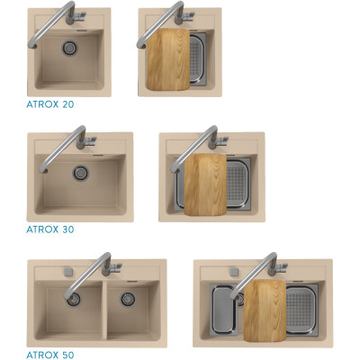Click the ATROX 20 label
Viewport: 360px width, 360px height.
click(x=50, y=104)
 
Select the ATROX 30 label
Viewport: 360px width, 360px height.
click(x=50, y=229)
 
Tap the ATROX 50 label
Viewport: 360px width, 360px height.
click(x=50, y=355)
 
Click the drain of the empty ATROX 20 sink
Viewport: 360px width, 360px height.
click(x=70, y=48)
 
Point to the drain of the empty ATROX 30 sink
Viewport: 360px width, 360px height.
click(x=80, y=173)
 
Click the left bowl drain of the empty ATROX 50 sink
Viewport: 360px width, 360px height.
click(x=74, y=299)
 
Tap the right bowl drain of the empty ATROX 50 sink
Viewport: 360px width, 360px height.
click(x=128, y=299)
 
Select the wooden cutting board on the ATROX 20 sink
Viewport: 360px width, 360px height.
click(x=168, y=59)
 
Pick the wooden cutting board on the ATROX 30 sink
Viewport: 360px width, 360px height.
click(x=205, y=184)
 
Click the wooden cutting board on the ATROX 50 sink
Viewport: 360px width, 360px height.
click(x=265, y=310)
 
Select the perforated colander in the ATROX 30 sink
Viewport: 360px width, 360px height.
click(x=238, y=183)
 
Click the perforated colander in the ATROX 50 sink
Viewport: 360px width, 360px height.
click(x=301, y=309)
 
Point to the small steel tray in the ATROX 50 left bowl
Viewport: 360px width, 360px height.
click(x=224, y=309)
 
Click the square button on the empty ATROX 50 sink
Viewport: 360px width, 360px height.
click(x=68, y=272)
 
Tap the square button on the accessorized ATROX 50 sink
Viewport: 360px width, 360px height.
click(x=234, y=272)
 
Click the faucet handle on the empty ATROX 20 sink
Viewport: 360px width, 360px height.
click(x=79, y=16)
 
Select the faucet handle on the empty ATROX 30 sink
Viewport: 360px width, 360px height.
click(x=90, y=140)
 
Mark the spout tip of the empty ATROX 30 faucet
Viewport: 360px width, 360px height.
click(x=43, y=170)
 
